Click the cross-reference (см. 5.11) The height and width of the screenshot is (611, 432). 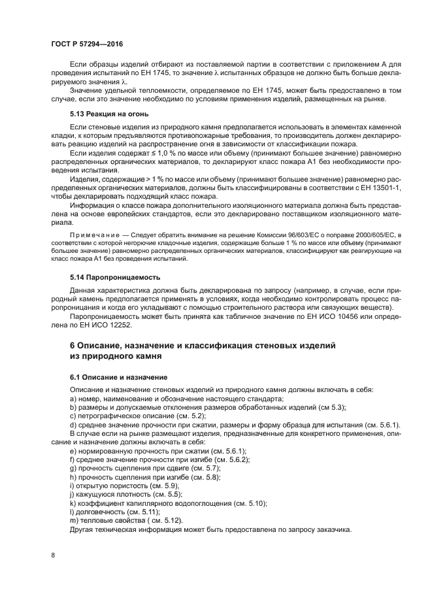point(141,512)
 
